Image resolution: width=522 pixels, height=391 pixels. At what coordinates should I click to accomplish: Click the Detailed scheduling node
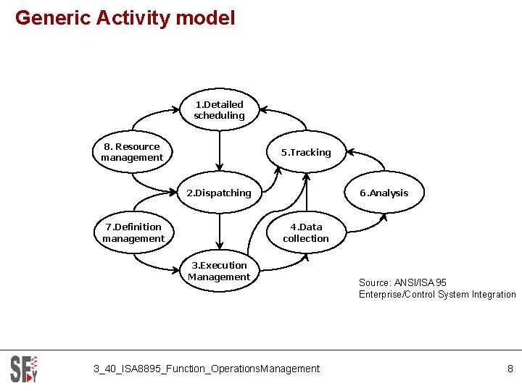tap(219, 110)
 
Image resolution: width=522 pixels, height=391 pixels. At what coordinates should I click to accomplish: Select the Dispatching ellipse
tap(219, 193)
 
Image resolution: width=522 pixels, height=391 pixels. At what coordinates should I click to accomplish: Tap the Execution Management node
tap(219, 272)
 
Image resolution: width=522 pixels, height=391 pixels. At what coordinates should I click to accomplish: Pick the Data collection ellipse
tap(306, 232)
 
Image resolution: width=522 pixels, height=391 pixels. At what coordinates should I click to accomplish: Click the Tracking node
tap(306, 153)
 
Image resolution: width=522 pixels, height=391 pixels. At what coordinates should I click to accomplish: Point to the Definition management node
tap(133, 232)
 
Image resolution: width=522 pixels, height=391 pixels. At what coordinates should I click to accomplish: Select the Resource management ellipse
tap(132, 152)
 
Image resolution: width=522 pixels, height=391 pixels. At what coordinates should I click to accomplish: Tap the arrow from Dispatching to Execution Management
tap(219, 232)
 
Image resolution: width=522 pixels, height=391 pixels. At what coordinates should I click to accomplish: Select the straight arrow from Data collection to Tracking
tap(306, 192)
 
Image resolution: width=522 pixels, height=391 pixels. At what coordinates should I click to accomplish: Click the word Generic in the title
tap(47, 18)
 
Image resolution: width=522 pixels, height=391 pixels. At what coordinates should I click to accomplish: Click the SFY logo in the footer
tap(23, 369)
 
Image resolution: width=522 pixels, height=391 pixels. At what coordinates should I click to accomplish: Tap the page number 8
tap(510, 369)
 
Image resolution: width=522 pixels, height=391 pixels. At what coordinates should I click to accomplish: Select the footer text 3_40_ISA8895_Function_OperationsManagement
tap(207, 369)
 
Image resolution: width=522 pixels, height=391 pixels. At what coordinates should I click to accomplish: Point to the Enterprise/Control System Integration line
tap(437, 294)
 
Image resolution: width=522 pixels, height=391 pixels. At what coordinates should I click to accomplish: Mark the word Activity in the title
tap(133, 18)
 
